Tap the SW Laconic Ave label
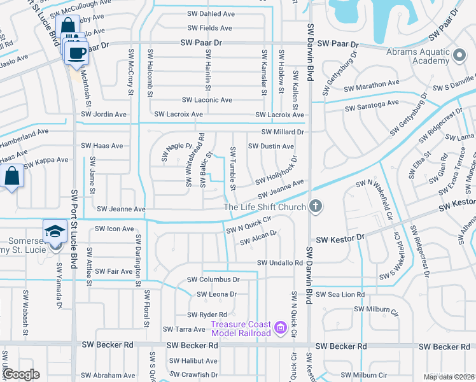coord(207,100)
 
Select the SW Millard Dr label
coord(284,132)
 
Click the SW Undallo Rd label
coord(280,263)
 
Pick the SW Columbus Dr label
coord(213,279)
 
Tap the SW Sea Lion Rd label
coord(340,295)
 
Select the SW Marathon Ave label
coord(372,84)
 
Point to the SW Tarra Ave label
coord(184,329)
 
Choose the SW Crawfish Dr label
coord(194,374)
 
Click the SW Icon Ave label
coord(114,229)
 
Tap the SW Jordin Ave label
coord(104,115)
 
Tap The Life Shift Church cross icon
coord(316,206)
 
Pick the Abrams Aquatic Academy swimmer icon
coord(459,55)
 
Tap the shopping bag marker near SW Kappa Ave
coord(12,176)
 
